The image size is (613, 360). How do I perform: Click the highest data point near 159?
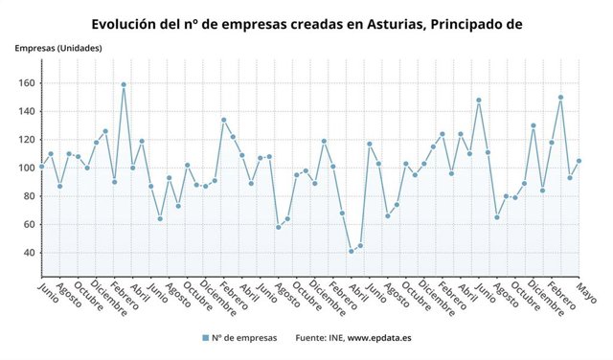point(124,84)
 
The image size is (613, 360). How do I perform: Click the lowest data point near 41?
point(351,251)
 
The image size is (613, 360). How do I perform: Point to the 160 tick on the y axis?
point(26,83)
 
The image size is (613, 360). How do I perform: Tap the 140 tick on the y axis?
point(26,111)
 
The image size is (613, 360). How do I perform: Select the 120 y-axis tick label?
point(26,140)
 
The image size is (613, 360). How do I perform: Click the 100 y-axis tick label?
point(26,168)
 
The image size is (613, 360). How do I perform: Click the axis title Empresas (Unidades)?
point(58,48)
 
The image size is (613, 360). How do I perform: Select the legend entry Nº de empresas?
point(244,338)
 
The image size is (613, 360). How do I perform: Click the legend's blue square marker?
point(205,338)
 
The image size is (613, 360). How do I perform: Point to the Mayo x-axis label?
point(586,293)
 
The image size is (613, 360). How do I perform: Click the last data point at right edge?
point(579,161)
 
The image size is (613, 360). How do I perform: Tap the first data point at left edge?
point(41,167)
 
